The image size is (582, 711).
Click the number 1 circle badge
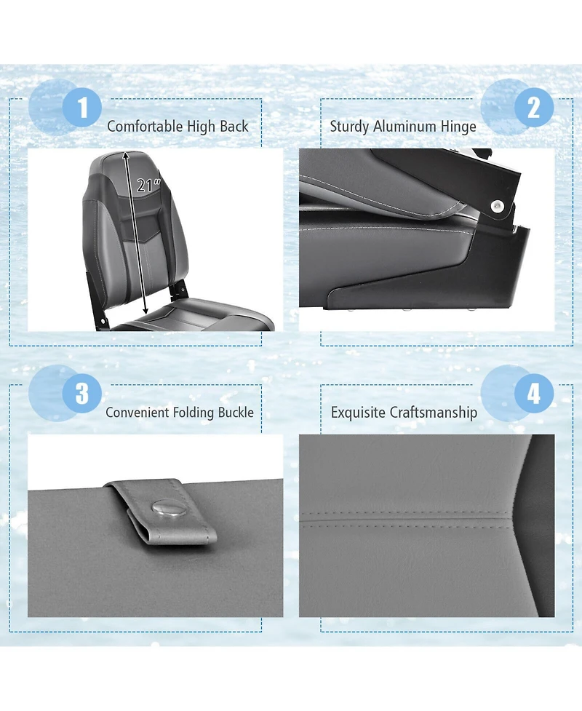[x=81, y=108]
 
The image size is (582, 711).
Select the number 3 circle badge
[x=81, y=394]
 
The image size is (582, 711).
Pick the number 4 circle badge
[x=534, y=394]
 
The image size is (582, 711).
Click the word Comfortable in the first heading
[x=145, y=127]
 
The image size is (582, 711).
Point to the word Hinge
[x=458, y=127]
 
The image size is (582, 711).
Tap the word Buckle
[x=236, y=413]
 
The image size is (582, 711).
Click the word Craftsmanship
[x=434, y=413]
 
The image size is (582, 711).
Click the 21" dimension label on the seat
[x=148, y=186]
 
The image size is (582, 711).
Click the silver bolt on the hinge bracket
[x=498, y=206]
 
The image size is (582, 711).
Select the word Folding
[x=193, y=413]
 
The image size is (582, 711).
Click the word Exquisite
[x=358, y=413]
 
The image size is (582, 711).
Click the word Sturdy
[x=349, y=127]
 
